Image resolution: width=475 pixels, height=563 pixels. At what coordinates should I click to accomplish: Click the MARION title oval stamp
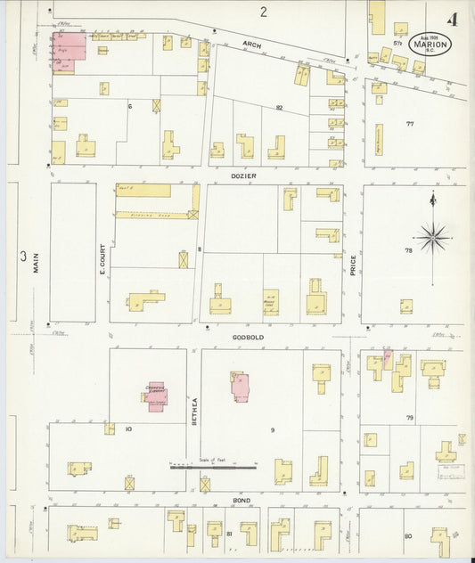430,43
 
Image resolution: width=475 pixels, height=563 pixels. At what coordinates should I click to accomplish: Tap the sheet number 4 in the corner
455,19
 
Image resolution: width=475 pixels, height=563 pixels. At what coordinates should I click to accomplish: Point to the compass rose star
433,236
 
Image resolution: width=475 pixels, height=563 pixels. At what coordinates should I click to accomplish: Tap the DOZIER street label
246,176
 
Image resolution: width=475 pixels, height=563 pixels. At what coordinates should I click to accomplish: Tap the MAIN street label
37,262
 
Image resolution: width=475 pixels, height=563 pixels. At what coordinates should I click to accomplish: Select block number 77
410,123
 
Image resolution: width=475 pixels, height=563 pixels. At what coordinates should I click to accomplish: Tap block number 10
128,429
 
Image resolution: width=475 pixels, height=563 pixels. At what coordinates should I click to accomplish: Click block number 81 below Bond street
229,534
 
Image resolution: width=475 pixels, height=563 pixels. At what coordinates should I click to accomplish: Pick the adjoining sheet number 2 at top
263,12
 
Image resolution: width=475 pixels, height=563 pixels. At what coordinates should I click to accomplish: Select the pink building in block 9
241,385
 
